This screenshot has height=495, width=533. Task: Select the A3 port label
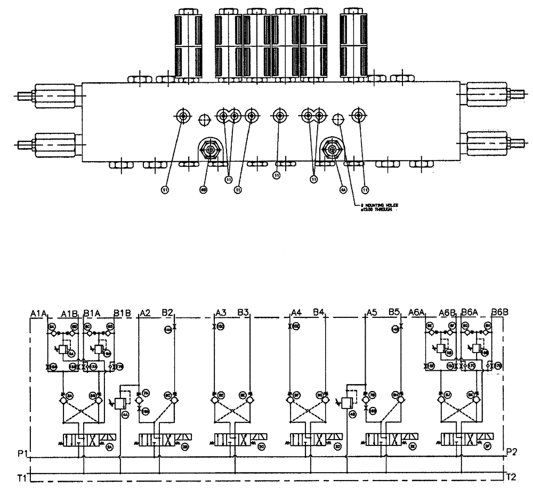221,312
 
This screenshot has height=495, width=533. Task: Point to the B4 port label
319,312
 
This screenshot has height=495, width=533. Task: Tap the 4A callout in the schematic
126,414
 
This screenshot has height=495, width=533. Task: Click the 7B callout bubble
373,395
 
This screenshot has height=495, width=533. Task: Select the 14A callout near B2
167,330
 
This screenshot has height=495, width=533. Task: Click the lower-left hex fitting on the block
53,143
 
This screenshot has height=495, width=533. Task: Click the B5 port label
394,312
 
